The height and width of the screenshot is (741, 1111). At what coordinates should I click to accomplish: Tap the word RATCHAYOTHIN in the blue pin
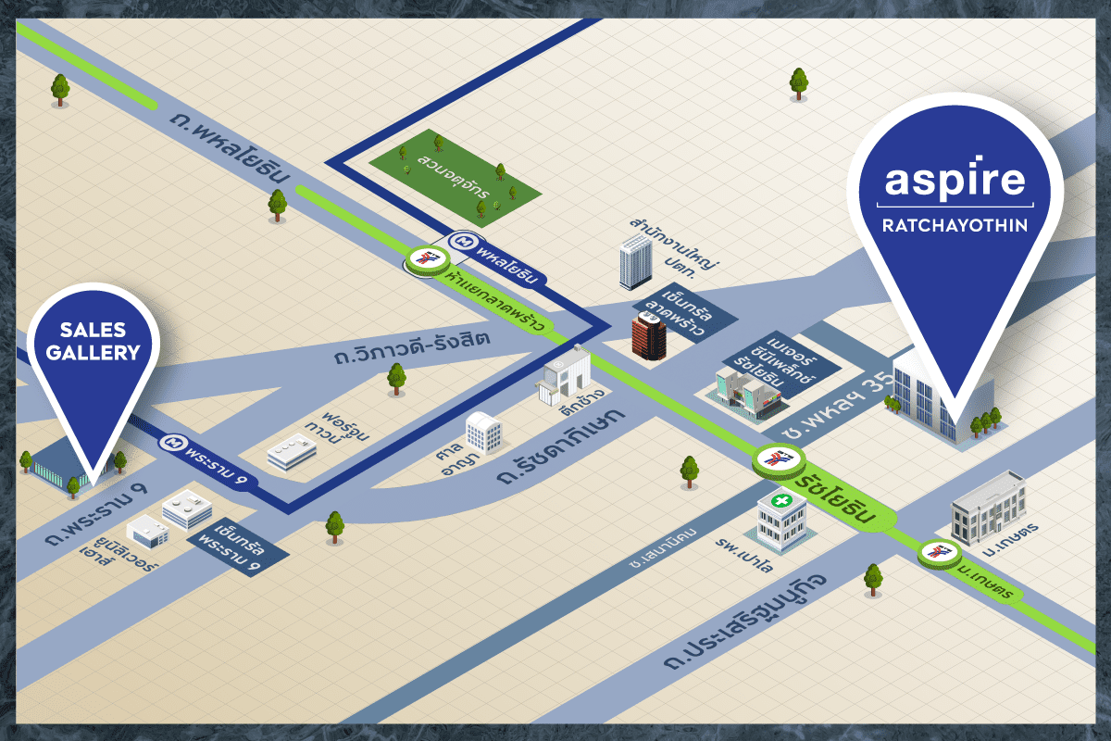955,225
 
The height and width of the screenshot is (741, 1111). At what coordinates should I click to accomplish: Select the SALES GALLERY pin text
94,341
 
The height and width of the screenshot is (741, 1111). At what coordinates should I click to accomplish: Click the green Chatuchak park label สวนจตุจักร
453,176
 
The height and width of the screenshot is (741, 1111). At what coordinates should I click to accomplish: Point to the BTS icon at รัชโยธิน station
779,458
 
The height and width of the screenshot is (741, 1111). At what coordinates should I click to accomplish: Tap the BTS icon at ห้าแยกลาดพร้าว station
428,258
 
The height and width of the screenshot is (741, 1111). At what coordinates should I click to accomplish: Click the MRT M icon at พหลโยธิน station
463,242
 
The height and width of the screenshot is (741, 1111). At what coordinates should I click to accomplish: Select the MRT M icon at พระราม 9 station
173,441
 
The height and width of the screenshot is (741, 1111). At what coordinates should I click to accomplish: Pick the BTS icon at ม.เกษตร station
939,551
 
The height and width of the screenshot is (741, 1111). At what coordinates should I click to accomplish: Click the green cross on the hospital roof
781,500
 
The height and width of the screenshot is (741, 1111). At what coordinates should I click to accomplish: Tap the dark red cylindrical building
649,335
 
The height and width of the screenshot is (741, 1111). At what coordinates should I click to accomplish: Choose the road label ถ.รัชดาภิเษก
561,446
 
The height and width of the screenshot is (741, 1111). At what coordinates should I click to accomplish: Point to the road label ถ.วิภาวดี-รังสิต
413,347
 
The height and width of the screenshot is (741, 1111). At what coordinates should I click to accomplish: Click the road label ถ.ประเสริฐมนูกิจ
745,622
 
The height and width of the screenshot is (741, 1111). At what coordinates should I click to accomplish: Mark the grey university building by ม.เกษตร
988,508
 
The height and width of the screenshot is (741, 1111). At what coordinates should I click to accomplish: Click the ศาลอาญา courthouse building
483,433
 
